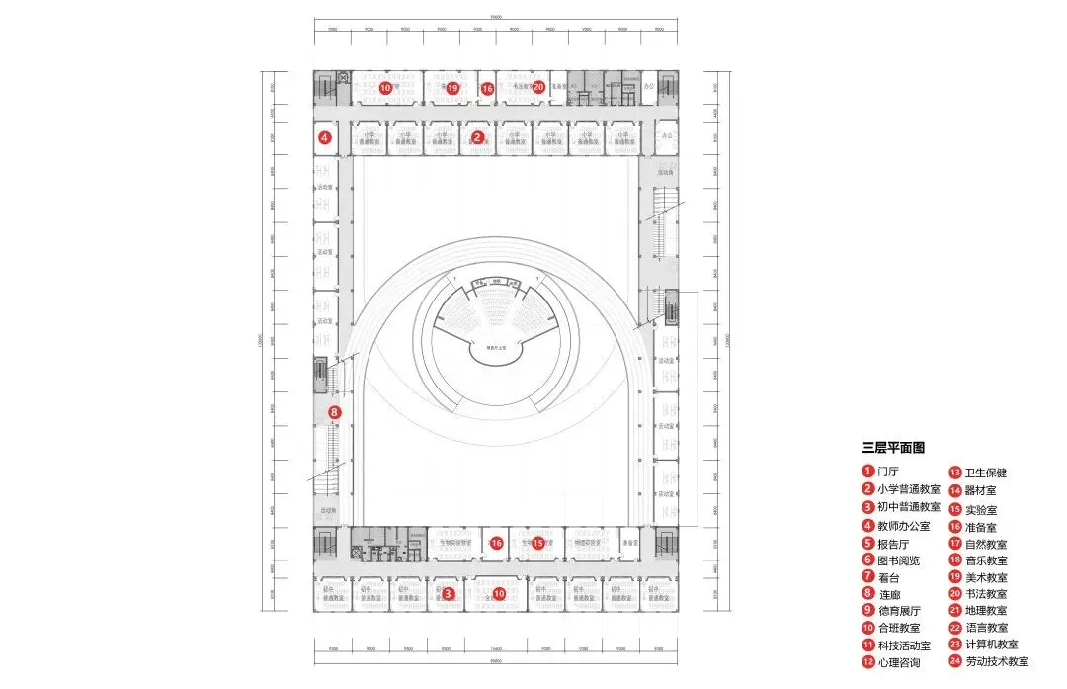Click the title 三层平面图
[x=892, y=448]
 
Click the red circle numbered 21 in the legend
[x=955, y=610]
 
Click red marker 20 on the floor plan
[x=538, y=86]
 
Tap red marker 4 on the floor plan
[x=324, y=138]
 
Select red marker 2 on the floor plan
[x=477, y=137]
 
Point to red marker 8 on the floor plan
[x=334, y=412]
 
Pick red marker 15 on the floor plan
[x=538, y=543]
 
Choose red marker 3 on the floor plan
[x=448, y=593]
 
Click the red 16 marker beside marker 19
[x=487, y=89]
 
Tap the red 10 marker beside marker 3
[x=499, y=593]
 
